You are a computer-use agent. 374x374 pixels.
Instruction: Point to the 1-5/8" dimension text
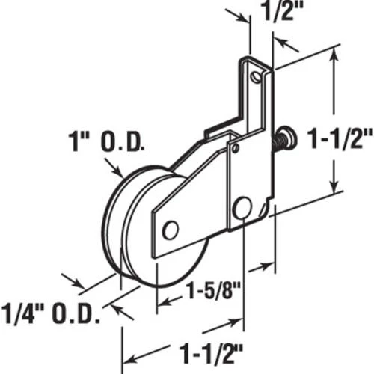(x=213, y=290)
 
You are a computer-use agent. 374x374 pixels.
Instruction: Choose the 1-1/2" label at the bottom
(x=211, y=353)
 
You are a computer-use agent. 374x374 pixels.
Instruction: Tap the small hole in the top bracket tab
(x=257, y=76)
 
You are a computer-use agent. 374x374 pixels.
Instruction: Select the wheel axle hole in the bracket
(x=171, y=230)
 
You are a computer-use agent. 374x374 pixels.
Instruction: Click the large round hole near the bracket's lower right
(x=242, y=207)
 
